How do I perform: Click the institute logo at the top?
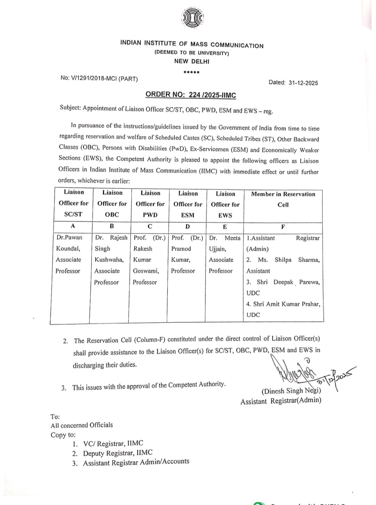coord(192,18)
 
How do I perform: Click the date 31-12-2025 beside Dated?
coord(303,83)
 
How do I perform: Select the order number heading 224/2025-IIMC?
coord(190,95)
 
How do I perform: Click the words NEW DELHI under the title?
coord(192,62)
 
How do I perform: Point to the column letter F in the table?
coord(283,227)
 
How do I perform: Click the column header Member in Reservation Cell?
coord(283,199)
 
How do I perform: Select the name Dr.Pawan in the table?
coord(69,238)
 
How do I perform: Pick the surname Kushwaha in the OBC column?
coord(109,260)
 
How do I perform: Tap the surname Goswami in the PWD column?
coord(146,271)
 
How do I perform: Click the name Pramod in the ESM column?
coord(181,249)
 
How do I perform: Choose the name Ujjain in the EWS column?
coord(217,249)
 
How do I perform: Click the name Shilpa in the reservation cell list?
coord(283,260)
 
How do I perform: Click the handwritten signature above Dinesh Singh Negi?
coord(296,372)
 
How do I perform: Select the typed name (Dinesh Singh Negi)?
coord(291,391)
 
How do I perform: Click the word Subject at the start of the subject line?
coord(70,107)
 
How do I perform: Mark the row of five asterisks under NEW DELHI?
coord(191,72)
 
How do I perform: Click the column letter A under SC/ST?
coord(73,226)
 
